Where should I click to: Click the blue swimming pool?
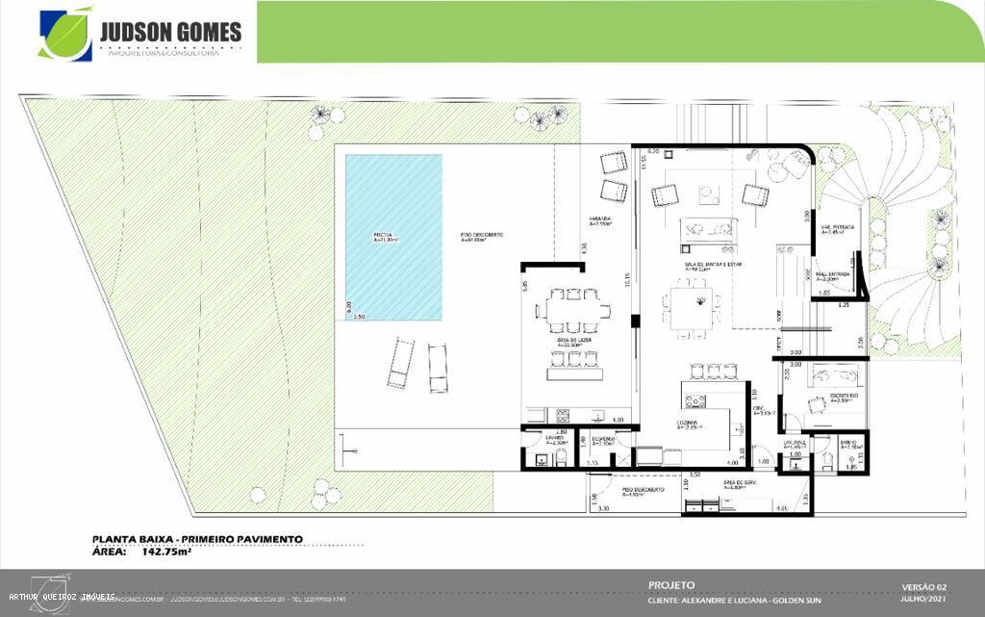pos(393,238)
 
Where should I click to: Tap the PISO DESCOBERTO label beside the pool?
pos(481,236)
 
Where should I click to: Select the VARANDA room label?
pos(600,219)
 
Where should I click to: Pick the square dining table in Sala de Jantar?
pos(692,309)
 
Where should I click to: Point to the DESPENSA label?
pos(603,440)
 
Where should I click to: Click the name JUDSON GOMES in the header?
pos(170,31)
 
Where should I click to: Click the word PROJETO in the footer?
pos(671,584)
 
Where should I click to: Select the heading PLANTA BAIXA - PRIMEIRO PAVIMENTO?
pos(197,539)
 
